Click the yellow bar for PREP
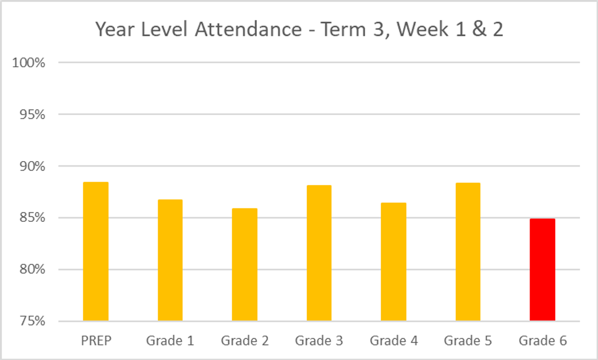point(95,251)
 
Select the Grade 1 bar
point(170,260)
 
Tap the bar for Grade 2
point(245,264)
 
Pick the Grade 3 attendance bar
point(319,253)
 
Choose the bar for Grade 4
point(394,261)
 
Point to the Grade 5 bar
point(468,252)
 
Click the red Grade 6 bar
point(542,269)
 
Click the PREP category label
point(96,341)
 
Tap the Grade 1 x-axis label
point(170,341)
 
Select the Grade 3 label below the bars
point(319,341)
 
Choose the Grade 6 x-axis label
point(543,341)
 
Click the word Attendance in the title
point(247,30)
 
